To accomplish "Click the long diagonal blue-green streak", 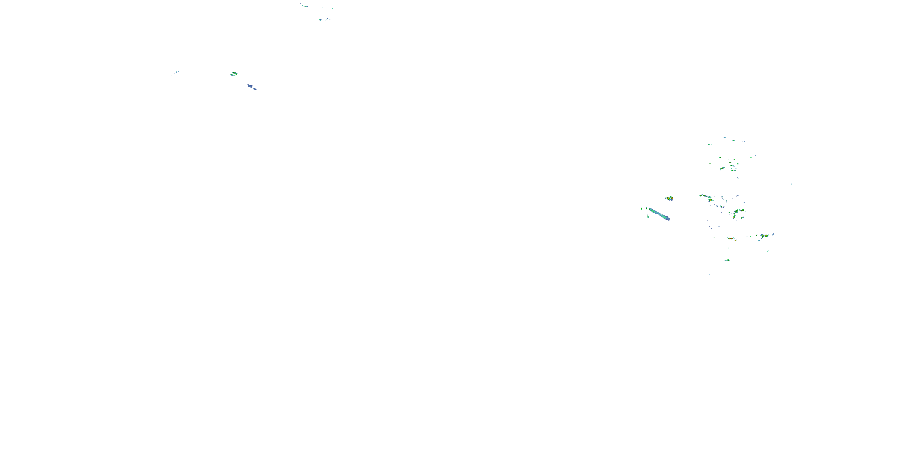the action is coord(659,214).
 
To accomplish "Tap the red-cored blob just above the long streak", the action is coord(669,198).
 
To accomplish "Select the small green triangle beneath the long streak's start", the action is coord(648,217).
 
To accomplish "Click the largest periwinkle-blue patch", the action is coord(250,85).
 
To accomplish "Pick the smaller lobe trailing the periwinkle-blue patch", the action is coord(255,89).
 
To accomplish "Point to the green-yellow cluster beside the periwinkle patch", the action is coord(234,73).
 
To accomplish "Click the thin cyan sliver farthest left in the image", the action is coord(171,75).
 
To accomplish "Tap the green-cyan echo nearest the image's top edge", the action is coord(305,6).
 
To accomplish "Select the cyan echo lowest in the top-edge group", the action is coord(320,20).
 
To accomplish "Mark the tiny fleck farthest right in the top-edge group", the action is coord(333,8).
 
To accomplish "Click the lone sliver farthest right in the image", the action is coord(791,184).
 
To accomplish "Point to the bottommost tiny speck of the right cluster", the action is coord(710,274).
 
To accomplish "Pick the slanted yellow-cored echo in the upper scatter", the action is coord(722,168).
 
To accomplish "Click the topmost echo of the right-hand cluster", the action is coord(724,138).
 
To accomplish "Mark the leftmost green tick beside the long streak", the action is coord(641,209).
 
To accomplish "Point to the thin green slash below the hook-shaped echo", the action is coord(768,251).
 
